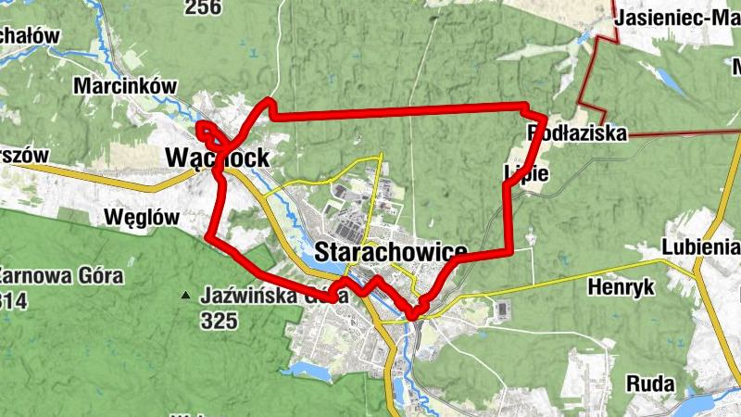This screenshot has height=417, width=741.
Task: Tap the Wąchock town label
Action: pyautogui.click(x=218, y=158)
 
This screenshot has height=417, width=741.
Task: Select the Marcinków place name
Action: pyautogui.click(x=124, y=86)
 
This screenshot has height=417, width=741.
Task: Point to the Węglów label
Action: pyautogui.click(x=142, y=216)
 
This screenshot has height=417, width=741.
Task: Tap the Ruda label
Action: pyautogui.click(x=650, y=383)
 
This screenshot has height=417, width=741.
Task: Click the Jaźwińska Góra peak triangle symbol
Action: pyautogui.click(x=185, y=297)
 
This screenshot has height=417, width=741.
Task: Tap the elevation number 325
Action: pyautogui.click(x=219, y=322)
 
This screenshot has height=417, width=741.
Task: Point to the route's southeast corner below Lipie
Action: pyautogui.click(x=511, y=251)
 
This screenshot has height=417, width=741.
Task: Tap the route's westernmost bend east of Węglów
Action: pyautogui.click(x=208, y=239)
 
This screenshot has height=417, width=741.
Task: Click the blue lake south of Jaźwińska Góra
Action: pyautogui.click(x=307, y=372)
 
